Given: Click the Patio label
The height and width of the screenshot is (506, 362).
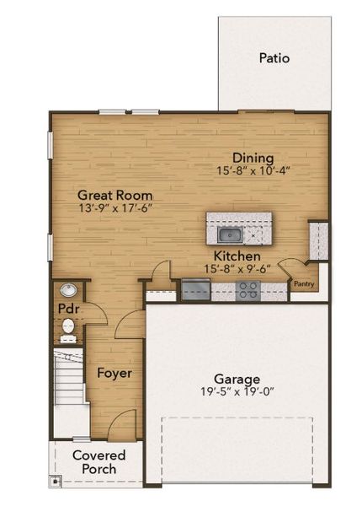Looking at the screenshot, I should (274, 58).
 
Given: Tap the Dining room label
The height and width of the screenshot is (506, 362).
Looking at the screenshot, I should (253, 158).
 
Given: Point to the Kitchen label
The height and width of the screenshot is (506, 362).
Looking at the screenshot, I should (237, 256).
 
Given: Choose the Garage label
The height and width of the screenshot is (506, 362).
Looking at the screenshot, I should (236, 379).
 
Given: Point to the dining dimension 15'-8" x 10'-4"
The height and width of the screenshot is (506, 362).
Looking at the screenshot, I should (253, 170).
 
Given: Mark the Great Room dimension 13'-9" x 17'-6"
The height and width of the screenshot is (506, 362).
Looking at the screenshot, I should (114, 207).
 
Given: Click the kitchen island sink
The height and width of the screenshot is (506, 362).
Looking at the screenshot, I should (229, 234).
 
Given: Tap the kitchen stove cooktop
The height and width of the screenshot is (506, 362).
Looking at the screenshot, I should (248, 291).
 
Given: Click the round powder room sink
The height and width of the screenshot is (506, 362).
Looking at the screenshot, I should (67, 290).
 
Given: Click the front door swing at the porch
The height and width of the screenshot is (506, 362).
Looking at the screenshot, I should (124, 423).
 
